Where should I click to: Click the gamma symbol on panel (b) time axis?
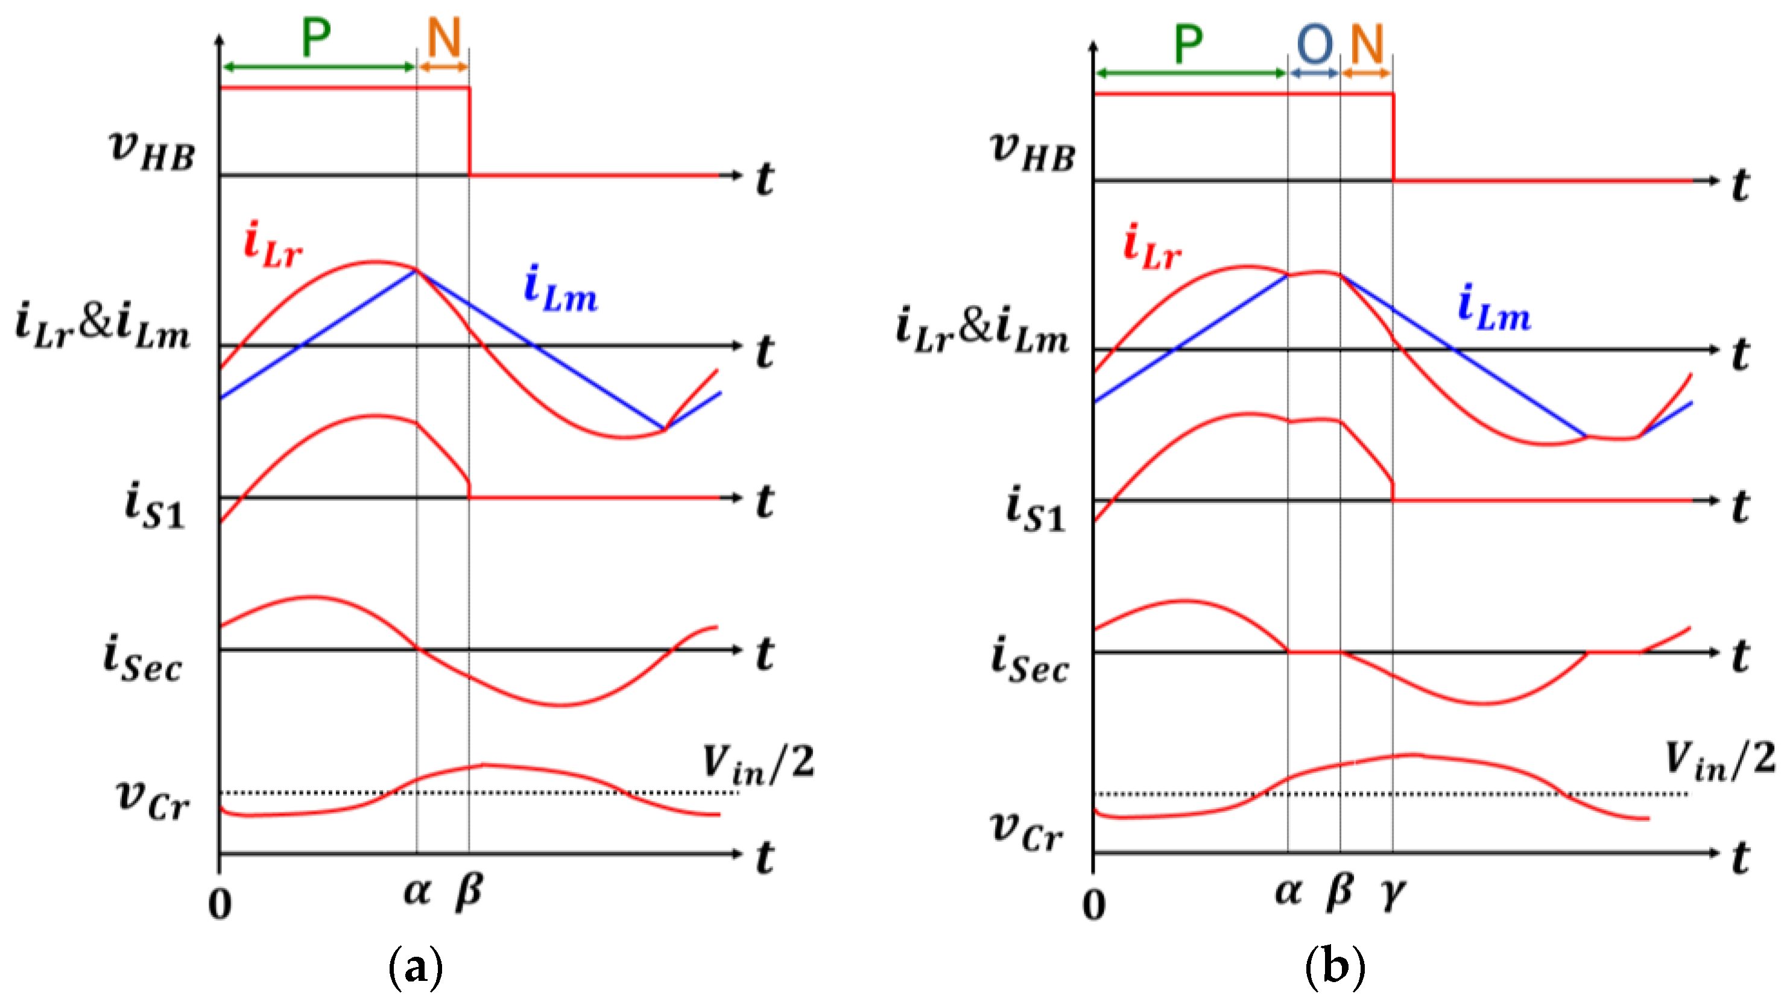1393,892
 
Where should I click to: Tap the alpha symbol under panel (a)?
417,891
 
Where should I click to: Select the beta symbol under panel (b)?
1339,891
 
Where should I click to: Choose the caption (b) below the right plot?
1335,966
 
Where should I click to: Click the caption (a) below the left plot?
416,966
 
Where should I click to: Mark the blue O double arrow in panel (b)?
1314,73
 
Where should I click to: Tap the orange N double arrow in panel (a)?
443,68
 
